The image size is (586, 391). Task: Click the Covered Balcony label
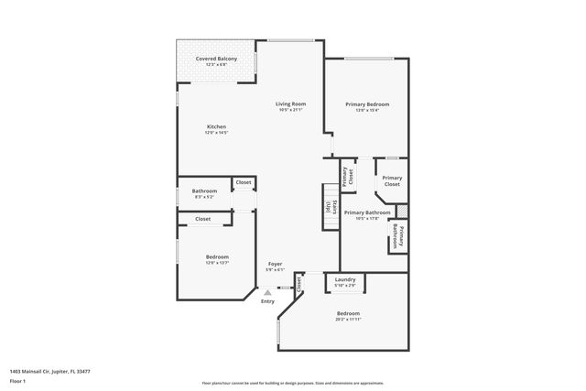tap(216, 59)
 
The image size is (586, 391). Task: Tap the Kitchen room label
tap(216, 127)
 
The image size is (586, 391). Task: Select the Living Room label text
tap(291, 104)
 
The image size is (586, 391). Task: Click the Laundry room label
tap(345, 279)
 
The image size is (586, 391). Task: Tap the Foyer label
tap(275, 264)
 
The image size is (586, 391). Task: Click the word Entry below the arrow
tap(267, 301)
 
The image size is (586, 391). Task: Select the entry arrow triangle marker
tap(267, 292)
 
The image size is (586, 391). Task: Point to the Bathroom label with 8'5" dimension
tap(204, 191)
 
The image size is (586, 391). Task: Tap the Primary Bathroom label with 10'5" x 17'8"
tap(366, 213)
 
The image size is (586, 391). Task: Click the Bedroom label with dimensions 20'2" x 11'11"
tap(348, 314)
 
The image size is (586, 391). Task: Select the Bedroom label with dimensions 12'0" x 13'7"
tap(217, 257)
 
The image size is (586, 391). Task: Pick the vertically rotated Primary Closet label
tap(349, 172)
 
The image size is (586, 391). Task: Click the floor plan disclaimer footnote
tap(292, 382)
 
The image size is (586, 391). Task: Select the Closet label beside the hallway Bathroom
tap(244, 182)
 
